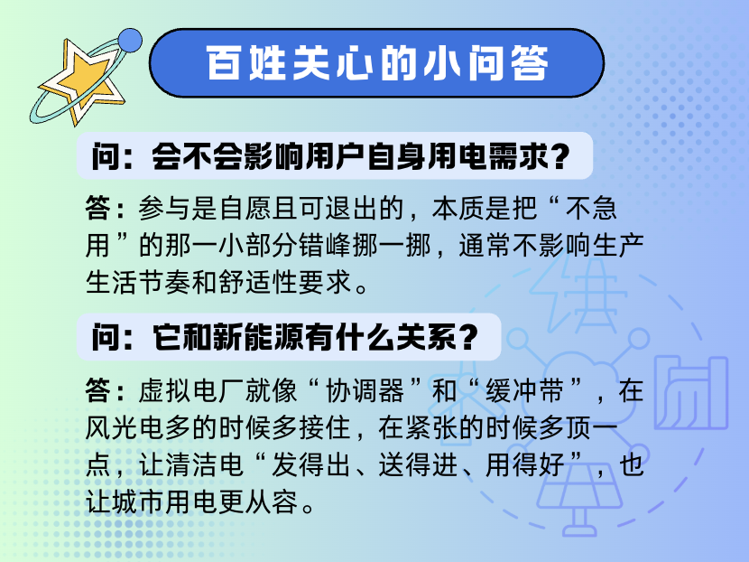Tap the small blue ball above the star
[x=131, y=39]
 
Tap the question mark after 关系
[x=467, y=338]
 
